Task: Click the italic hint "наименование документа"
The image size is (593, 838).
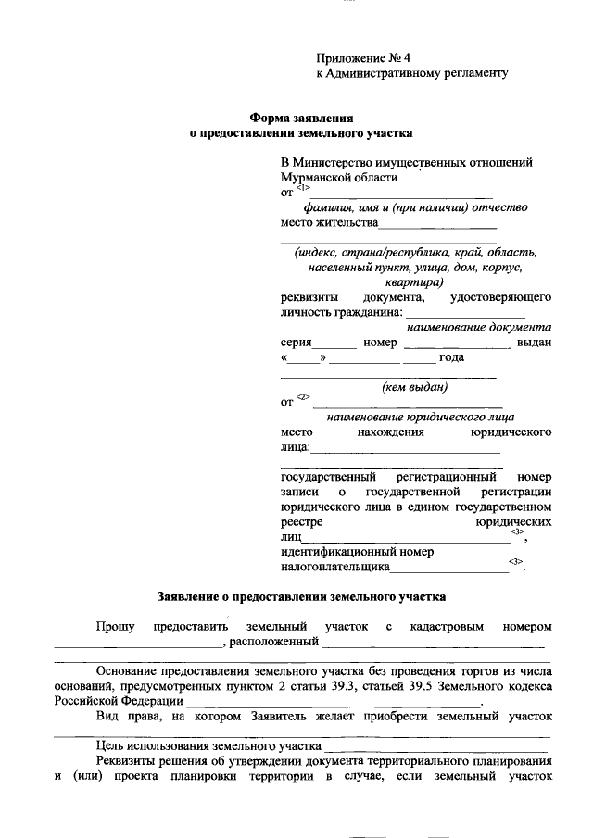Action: pyautogui.click(x=479, y=327)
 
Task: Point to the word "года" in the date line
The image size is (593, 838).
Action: pyautogui.click(x=451, y=358)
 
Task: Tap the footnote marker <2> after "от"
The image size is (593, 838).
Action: pyautogui.click(x=302, y=398)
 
